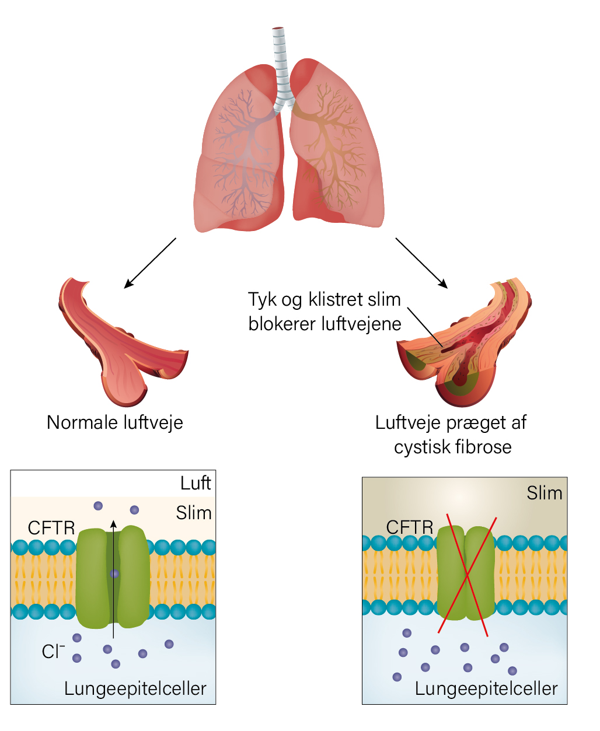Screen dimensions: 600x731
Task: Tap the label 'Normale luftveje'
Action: (115, 423)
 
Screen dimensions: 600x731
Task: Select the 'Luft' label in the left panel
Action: (196, 483)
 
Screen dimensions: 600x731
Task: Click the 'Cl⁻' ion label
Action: (53, 652)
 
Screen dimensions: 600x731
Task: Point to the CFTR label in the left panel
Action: (51, 528)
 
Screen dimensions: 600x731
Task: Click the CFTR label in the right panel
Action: (410, 527)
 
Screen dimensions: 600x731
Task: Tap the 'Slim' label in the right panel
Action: (544, 492)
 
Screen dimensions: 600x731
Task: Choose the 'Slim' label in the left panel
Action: (194, 513)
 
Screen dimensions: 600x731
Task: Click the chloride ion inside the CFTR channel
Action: (114, 573)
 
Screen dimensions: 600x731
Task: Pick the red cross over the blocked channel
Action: (467, 576)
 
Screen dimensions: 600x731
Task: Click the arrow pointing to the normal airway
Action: (150, 263)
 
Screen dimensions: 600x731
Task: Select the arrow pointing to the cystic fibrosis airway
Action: (421, 263)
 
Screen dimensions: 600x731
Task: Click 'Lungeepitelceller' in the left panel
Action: (135, 689)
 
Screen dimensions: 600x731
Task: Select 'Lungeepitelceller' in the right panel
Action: (486, 689)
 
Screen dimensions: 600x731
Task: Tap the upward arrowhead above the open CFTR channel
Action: (113, 524)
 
